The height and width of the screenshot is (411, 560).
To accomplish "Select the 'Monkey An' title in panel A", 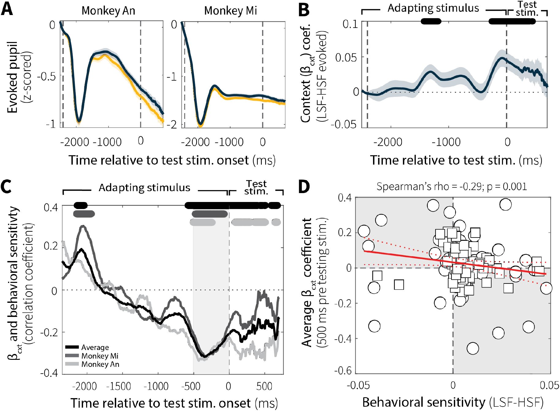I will coord(108,11).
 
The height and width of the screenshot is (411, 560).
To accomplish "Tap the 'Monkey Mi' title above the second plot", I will coord(230,11).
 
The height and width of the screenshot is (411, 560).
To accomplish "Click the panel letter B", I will coord(304,10).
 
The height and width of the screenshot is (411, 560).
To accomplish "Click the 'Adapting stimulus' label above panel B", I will coord(433,8).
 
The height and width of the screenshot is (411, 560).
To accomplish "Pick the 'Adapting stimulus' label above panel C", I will coord(144,188).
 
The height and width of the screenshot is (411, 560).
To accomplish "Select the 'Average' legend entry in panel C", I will coord(95,348).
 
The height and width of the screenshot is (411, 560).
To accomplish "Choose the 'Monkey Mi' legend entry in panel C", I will coord(100,356).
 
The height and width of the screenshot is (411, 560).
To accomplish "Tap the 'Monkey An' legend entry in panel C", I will coord(100,364).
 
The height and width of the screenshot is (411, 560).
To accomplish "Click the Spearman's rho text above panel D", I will coord(451,186).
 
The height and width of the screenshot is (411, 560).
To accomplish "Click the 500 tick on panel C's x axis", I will coord(264,386).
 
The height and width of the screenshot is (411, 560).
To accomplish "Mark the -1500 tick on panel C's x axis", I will coord(119,386).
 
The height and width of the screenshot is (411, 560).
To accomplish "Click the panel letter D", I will coord(304,187).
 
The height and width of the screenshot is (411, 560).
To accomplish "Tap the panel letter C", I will coord(6,187).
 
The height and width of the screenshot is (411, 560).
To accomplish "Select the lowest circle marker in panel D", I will coord(473,348).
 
